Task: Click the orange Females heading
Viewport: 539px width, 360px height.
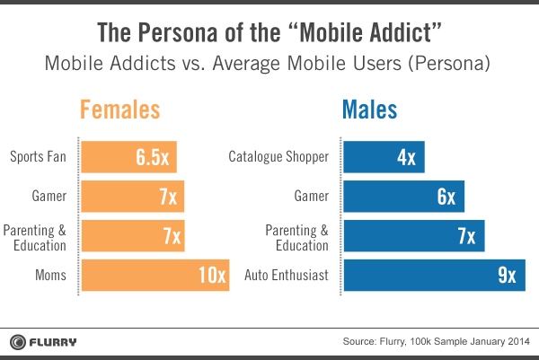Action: point(120,110)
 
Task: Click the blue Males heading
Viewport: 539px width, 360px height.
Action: point(369,110)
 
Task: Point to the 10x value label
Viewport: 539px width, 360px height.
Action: point(212,275)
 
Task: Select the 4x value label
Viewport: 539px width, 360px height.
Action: point(406,157)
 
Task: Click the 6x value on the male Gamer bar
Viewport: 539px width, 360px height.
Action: point(446,197)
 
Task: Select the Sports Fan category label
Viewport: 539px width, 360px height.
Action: point(39,158)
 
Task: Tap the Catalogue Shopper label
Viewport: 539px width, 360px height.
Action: point(279,158)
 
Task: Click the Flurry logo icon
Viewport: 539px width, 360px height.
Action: point(18,341)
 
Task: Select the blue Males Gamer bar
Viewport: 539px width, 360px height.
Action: point(403,197)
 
